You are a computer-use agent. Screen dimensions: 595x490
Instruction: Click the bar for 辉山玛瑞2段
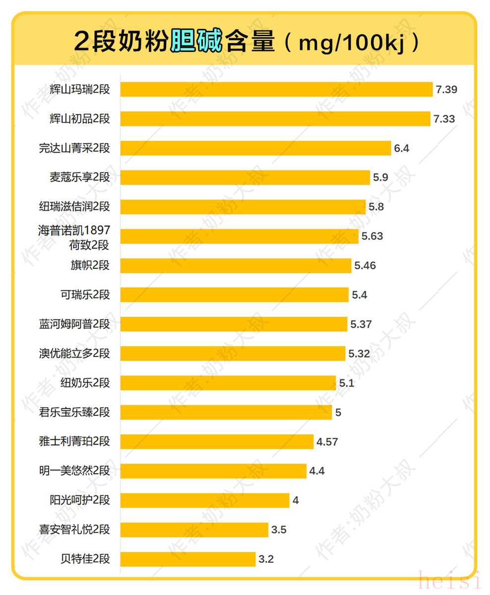(x=276, y=89)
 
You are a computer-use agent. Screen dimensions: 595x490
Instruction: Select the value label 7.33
(x=444, y=119)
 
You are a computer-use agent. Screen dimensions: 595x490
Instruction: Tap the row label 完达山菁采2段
(x=74, y=148)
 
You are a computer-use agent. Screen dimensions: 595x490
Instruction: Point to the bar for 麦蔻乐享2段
(x=245, y=178)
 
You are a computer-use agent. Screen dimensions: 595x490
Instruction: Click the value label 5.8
(x=376, y=207)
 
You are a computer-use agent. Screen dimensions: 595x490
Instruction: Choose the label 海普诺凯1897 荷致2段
(x=74, y=237)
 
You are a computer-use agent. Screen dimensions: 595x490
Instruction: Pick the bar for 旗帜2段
(x=236, y=265)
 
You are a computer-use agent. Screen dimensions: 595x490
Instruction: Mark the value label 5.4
(x=360, y=295)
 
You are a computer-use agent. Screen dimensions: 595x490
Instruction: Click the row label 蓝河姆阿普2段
(x=74, y=324)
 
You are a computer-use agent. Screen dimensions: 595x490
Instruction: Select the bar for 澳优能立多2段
(x=233, y=354)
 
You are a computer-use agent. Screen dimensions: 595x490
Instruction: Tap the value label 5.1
(x=347, y=383)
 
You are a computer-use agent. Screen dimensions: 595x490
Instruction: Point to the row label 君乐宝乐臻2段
(x=74, y=412)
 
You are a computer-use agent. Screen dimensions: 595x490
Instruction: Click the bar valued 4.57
(x=217, y=441)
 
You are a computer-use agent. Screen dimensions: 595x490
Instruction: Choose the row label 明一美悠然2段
(x=74, y=471)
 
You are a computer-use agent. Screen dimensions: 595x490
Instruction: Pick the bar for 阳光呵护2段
(x=205, y=500)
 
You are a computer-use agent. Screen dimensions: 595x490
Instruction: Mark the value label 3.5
(x=279, y=530)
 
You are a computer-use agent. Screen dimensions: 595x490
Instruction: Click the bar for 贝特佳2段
(x=188, y=559)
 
